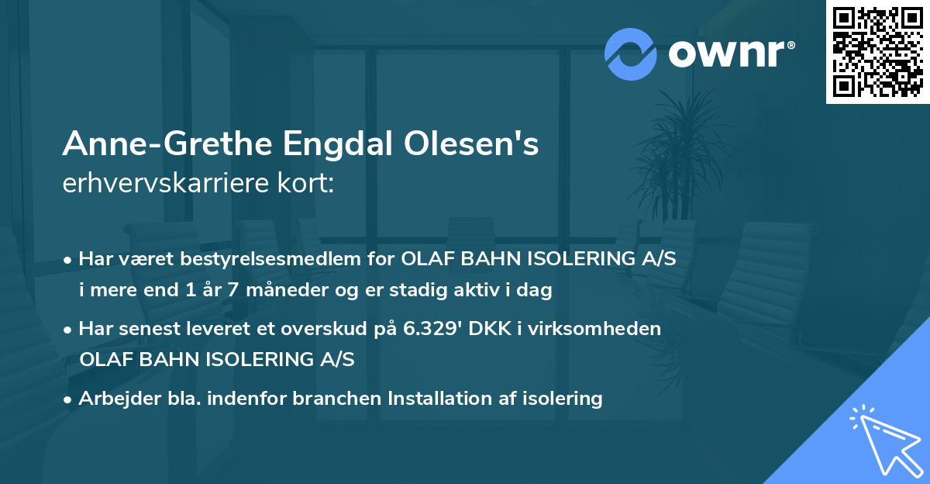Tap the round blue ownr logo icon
coord(630,54)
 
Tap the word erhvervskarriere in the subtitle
coord(162,185)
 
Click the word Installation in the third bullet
coord(417,399)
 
